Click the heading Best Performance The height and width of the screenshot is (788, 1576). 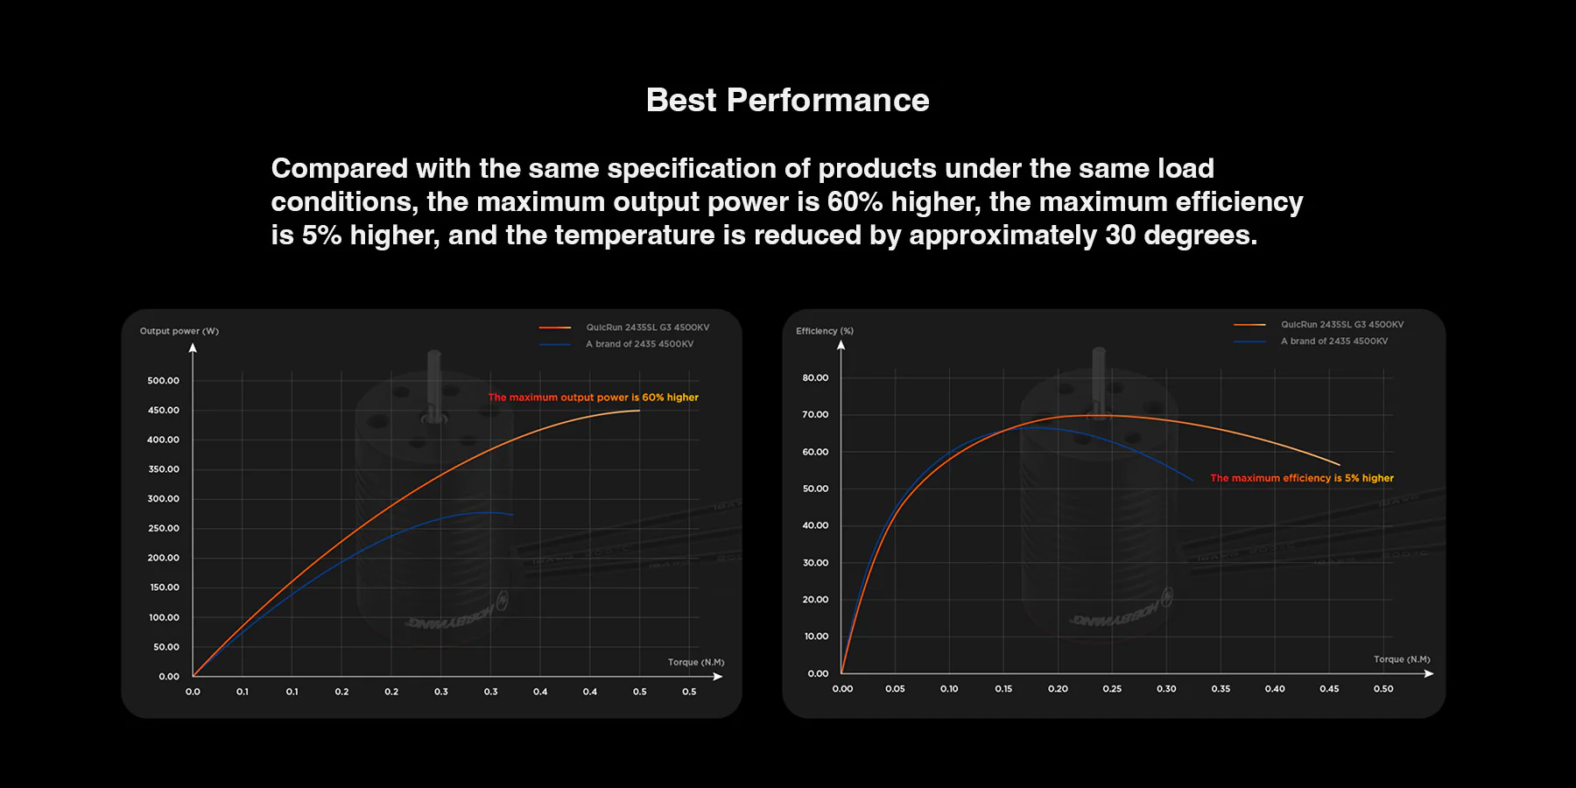tap(787, 101)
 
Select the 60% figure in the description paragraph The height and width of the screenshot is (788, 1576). tap(855, 202)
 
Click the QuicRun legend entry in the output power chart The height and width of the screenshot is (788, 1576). tap(647, 327)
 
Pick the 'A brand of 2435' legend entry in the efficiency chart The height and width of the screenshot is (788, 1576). tap(1333, 341)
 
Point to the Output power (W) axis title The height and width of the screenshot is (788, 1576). tap(179, 331)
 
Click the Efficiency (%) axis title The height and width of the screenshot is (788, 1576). tap(824, 331)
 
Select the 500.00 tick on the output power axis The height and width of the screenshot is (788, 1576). tap(164, 381)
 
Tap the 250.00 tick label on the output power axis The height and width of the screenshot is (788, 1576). tap(164, 529)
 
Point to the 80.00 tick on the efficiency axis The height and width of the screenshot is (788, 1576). tap(815, 378)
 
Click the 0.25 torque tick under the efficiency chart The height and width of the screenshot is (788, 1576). tap(1112, 689)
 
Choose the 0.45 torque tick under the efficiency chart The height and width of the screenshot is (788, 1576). tap(1329, 689)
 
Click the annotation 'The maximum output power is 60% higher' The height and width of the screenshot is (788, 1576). tap(593, 398)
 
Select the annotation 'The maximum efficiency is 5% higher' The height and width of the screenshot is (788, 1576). tap(1301, 478)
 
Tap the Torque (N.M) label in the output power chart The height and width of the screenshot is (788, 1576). tap(696, 663)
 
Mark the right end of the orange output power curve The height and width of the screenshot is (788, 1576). tap(639, 411)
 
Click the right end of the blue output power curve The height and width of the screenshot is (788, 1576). tap(512, 515)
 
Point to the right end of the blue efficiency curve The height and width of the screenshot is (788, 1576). tap(1193, 480)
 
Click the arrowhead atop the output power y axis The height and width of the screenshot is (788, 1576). tap(193, 348)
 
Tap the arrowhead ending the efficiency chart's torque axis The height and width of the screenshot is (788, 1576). tap(1429, 673)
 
